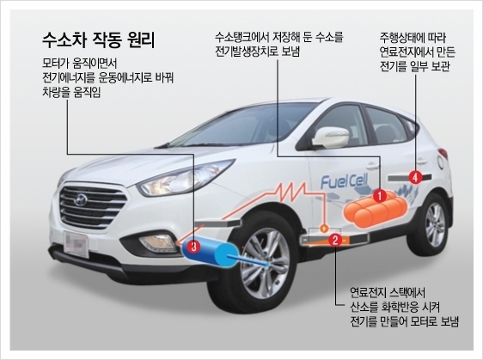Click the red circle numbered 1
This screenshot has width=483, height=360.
pyautogui.click(x=380, y=196)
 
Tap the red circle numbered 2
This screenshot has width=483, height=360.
pyautogui.click(x=335, y=240)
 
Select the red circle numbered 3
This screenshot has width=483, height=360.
pyautogui.click(x=193, y=246)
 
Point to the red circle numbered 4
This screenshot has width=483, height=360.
pyautogui.click(x=415, y=177)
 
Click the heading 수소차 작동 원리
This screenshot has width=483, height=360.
pyautogui.click(x=98, y=40)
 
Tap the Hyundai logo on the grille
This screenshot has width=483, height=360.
pyautogui.click(x=81, y=200)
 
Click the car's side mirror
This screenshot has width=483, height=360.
pyautogui.click(x=331, y=137)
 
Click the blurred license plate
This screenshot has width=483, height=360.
pyautogui.click(x=76, y=244)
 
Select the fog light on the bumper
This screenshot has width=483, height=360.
pyautogui.click(x=157, y=242)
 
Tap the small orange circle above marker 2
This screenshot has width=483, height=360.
pyautogui.click(x=324, y=229)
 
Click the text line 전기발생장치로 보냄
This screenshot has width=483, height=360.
pyautogui.click(x=257, y=51)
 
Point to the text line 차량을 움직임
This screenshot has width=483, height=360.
pyautogui.click(x=71, y=93)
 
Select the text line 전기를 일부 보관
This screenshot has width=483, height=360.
pyautogui.click(x=414, y=66)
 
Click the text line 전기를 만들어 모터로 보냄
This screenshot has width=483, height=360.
pyautogui.click(x=405, y=321)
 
